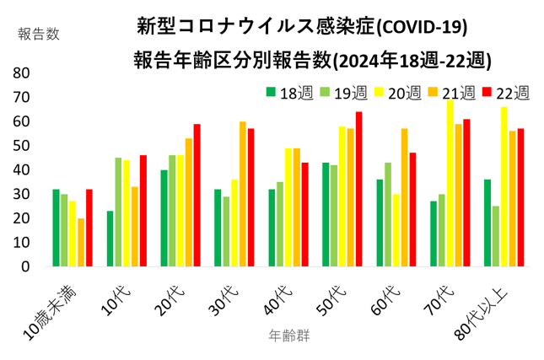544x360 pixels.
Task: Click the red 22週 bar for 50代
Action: tap(358, 189)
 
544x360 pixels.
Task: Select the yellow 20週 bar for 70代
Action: tap(450, 183)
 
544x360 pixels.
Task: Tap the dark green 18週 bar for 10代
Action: tap(110, 238)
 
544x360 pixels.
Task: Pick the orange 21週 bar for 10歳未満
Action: tap(81, 242)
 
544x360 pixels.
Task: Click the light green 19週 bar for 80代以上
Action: tap(496, 236)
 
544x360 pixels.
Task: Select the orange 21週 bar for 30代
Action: tap(243, 194)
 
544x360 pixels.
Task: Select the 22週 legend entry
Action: tap(506, 92)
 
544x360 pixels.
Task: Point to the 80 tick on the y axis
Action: tap(21, 73)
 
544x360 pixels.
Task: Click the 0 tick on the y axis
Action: tap(25, 266)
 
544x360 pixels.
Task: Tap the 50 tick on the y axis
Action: tap(21, 146)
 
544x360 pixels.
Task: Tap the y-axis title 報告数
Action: tap(39, 34)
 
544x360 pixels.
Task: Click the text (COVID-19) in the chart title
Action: tap(420, 27)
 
